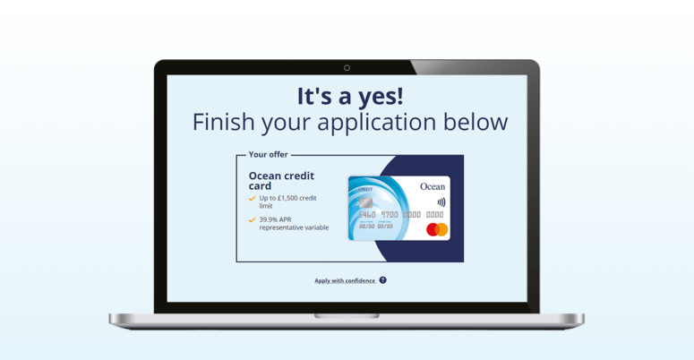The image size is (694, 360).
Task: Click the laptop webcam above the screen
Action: click(x=347, y=68)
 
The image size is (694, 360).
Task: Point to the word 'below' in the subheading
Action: click(x=476, y=122)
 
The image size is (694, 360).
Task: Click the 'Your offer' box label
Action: click(x=269, y=155)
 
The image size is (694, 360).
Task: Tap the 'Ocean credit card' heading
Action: click(x=280, y=181)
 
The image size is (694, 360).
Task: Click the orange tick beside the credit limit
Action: click(x=253, y=199)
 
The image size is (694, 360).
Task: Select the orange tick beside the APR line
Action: click(x=253, y=219)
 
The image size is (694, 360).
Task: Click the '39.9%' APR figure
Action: click(x=269, y=219)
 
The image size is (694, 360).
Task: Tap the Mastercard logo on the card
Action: click(x=437, y=230)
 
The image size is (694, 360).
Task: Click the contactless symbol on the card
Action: click(x=441, y=202)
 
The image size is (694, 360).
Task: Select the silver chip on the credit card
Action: click(x=364, y=202)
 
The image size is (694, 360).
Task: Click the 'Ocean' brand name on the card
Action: click(x=432, y=187)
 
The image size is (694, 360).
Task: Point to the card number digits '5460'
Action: click(x=366, y=215)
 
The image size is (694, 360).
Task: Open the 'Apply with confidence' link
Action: click(x=345, y=280)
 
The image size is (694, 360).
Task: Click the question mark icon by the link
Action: click(x=382, y=280)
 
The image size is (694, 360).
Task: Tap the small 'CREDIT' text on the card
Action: click(x=365, y=190)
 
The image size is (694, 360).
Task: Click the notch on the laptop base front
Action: click(x=347, y=316)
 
